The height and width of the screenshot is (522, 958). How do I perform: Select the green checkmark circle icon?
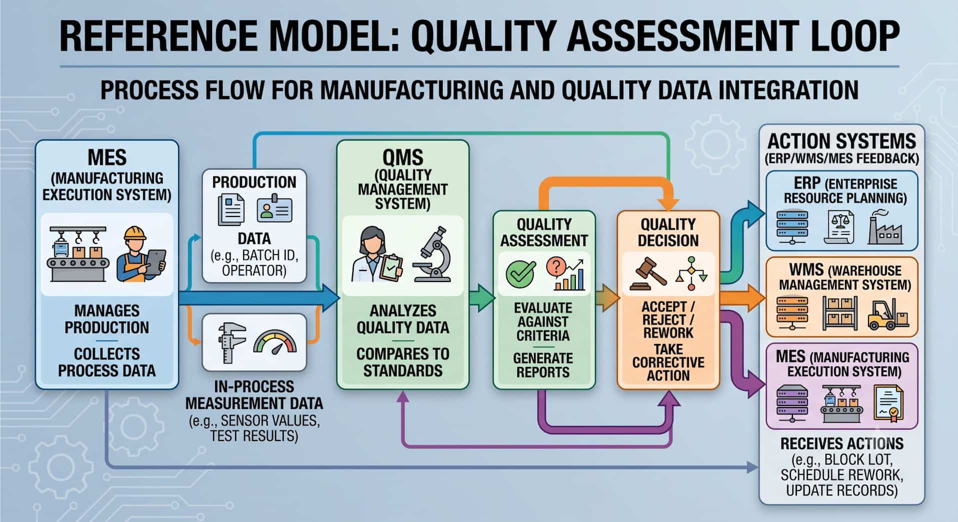(x=520, y=274)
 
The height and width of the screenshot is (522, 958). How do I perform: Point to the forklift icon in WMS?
(x=887, y=314)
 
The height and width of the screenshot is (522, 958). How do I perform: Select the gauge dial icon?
(x=275, y=342)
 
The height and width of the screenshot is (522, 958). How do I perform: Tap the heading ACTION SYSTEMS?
(x=841, y=141)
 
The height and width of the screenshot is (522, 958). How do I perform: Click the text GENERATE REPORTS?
(x=543, y=365)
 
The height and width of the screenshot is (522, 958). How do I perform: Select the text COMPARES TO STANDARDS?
(x=403, y=362)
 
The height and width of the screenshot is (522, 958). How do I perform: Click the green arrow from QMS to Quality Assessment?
(x=482, y=298)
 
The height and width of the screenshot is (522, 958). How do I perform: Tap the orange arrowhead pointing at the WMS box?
(x=756, y=298)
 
